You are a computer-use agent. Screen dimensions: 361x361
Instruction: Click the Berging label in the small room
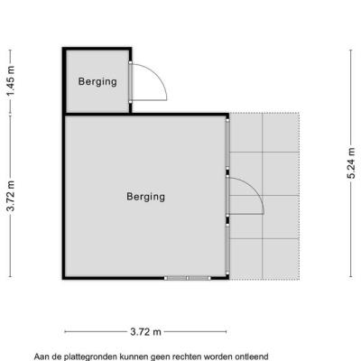click(97, 82)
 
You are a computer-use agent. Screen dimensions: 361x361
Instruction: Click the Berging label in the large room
click(145, 197)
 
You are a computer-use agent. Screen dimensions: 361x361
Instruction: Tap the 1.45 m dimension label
click(11, 81)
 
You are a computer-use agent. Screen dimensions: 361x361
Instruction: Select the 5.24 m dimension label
click(351, 163)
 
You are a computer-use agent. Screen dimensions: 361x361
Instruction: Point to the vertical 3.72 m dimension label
click(11, 196)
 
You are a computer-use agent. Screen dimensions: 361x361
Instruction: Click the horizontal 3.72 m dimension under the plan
click(145, 332)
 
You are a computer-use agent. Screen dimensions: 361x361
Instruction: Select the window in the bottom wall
click(187, 278)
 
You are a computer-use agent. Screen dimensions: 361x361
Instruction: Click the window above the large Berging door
click(227, 143)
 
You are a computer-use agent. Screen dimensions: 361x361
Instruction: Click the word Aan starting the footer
click(42, 356)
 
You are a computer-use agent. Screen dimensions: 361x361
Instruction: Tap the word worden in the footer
click(218, 356)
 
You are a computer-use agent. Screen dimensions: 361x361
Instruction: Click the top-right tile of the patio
click(281, 133)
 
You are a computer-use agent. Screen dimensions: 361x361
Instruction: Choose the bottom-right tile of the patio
click(281, 259)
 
